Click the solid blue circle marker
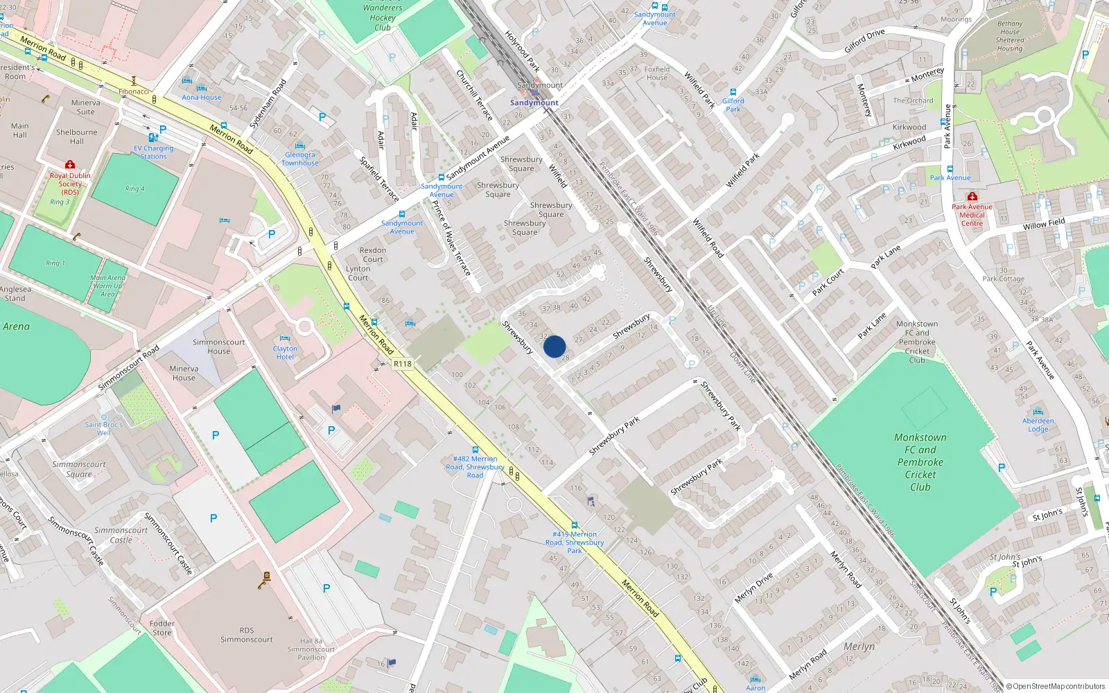(554, 346)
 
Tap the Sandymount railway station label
(534, 103)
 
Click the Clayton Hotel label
(285, 353)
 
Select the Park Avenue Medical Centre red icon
(972, 197)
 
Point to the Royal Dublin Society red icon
(69, 165)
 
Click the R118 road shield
(402, 364)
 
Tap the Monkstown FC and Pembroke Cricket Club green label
(920, 462)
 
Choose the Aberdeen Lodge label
(1038, 425)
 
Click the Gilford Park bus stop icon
(733, 92)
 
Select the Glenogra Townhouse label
(300, 159)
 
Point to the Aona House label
(202, 98)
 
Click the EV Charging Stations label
(153, 152)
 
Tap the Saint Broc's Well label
(104, 428)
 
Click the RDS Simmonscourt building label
(247, 635)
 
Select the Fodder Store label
(161, 628)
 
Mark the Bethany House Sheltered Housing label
(1009, 36)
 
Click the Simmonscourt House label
(218, 346)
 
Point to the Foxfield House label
(657, 73)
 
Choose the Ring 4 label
(135, 188)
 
